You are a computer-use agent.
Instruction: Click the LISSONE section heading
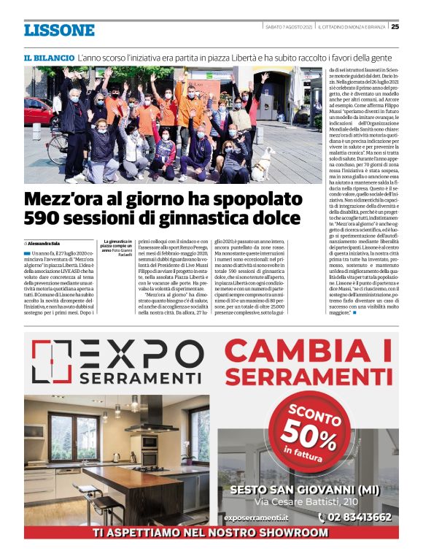click(59, 30)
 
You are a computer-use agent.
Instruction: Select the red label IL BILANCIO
click(49, 57)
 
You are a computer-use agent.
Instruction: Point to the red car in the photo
click(37, 112)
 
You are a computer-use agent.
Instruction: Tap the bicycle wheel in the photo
click(58, 149)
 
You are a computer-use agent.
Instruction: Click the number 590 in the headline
click(47, 217)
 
